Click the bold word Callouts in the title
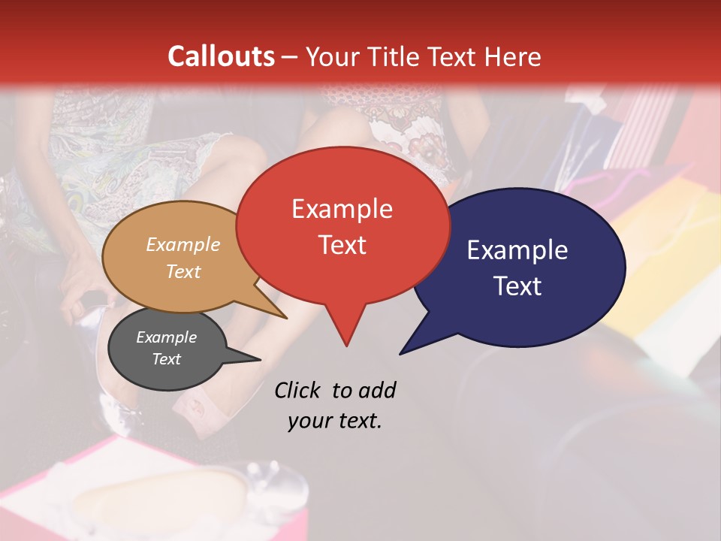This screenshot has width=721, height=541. [221, 56]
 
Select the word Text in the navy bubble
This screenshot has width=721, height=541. [517, 286]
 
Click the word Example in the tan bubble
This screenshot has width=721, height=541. [183, 244]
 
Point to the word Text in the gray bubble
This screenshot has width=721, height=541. [167, 359]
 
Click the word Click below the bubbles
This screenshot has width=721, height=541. [299, 390]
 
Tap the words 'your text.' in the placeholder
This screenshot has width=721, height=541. [334, 421]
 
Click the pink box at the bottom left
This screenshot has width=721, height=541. [45, 496]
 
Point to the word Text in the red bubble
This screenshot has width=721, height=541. [342, 245]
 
